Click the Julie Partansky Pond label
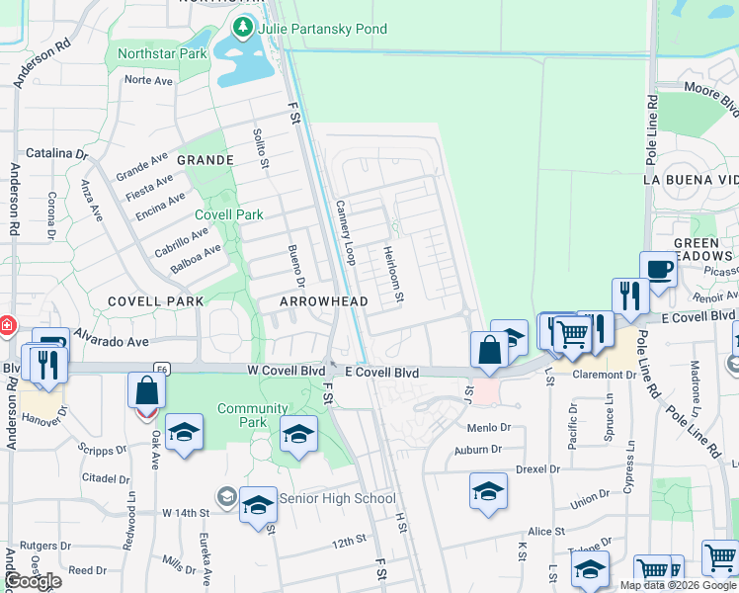[x=322, y=29]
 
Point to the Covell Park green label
[x=228, y=214]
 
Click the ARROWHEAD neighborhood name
[x=324, y=301]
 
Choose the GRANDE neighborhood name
[x=205, y=160]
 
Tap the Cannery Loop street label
[x=345, y=232]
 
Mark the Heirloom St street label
[x=392, y=274]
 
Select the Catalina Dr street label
[x=56, y=153]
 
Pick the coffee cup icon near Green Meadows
[x=658, y=268]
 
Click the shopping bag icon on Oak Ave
[x=146, y=390]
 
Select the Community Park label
[x=253, y=415]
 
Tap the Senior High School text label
[x=337, y=498]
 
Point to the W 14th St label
[x=186, y=513]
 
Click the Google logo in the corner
[x=33, y=581]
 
